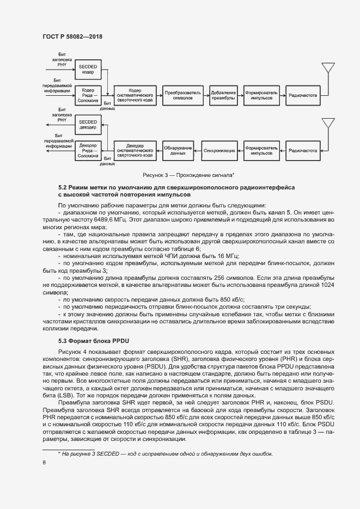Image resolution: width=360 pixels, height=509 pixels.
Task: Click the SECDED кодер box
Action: (88, 69)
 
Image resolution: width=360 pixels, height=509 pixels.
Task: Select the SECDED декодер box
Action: (88, 125)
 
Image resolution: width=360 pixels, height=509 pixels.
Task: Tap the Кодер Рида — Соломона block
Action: (88, 95)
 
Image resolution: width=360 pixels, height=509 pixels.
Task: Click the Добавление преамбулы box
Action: (223, 95)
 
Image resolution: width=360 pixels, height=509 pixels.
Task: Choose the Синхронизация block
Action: (219, 150)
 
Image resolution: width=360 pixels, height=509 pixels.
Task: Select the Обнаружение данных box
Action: (178, 150)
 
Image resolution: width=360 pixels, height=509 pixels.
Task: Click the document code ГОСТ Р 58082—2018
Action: (72, 36)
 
